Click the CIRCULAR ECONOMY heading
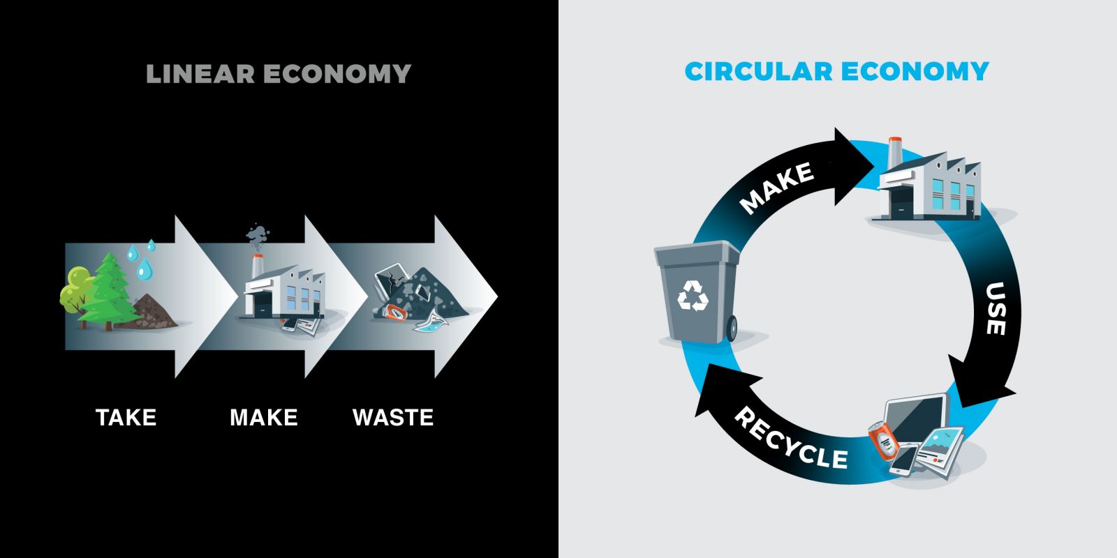click(836, 71)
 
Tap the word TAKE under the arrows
click(126, 417)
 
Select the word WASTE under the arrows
click(393, 417)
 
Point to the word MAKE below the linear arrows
click(264, 417)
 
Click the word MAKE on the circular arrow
click(776, 187)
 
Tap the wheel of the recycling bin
click(732, 329)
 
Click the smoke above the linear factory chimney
click(257, 236)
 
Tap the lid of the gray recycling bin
click(696, 252)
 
